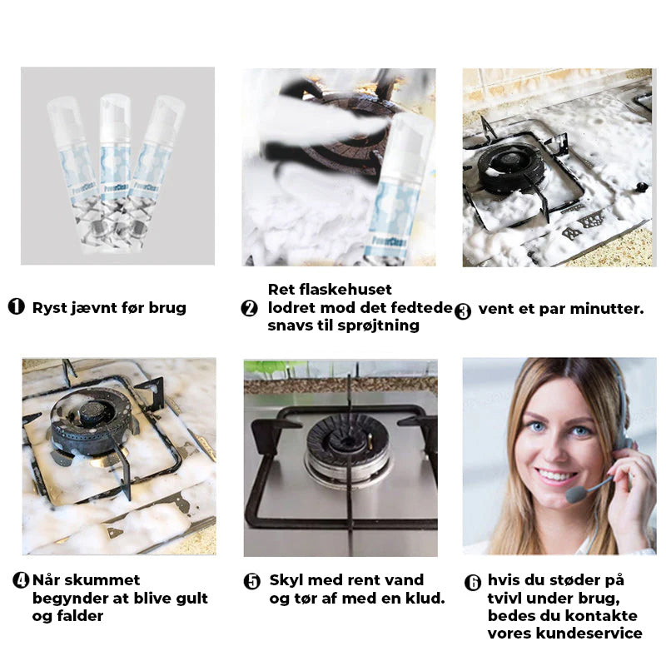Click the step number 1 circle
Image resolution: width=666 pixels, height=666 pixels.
[x=16, y=306]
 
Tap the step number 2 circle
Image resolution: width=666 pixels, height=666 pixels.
[x=249, y=308]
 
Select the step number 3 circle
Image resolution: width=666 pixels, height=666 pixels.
[x=463, y=311]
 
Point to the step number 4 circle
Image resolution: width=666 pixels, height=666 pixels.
[x=20, y=580]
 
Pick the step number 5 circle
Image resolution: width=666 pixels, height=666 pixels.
[x=252, y=581]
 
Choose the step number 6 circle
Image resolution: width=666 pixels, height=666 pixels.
[x=473, y=582]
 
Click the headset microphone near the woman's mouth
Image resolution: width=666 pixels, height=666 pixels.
[x=576, y=495]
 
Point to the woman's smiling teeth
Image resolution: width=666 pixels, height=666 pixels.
[x=553, y=475]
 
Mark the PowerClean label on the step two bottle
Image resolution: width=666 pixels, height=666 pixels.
[x=389, y=241]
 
